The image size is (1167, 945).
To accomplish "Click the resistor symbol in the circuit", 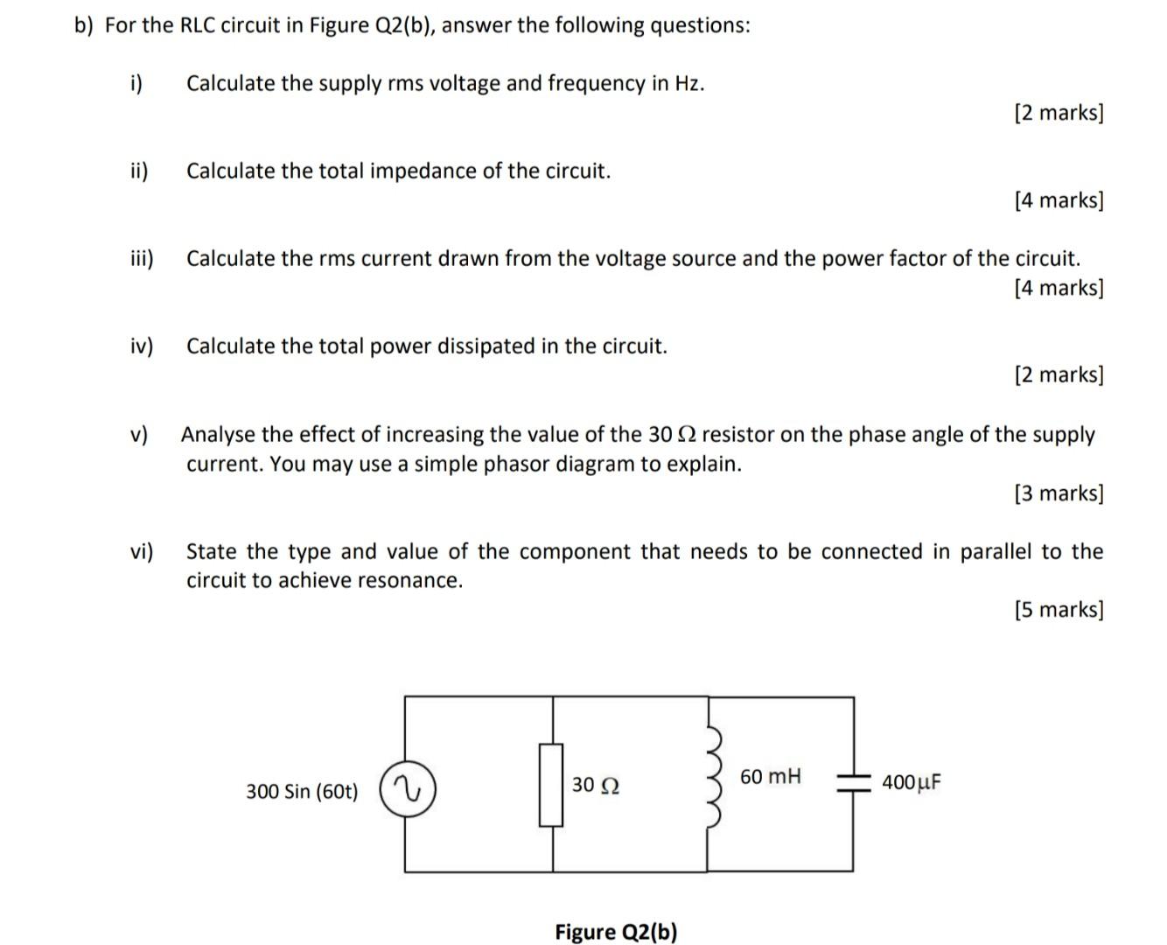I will point(551,785).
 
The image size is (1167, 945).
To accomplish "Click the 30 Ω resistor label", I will point(596,785).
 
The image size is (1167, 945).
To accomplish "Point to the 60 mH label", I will point(770,776).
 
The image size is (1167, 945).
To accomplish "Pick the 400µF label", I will point(912,781).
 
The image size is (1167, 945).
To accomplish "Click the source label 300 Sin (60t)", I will point(302,792).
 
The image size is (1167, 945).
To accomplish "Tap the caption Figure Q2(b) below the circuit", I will point(616,932).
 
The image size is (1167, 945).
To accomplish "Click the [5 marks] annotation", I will point(1059,609).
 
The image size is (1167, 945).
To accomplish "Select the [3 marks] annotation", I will point(1059,493).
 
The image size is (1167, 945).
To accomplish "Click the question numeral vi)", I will point(141,551).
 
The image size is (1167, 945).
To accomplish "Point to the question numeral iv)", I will point(141,346).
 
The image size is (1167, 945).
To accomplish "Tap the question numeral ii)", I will point(139,171).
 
